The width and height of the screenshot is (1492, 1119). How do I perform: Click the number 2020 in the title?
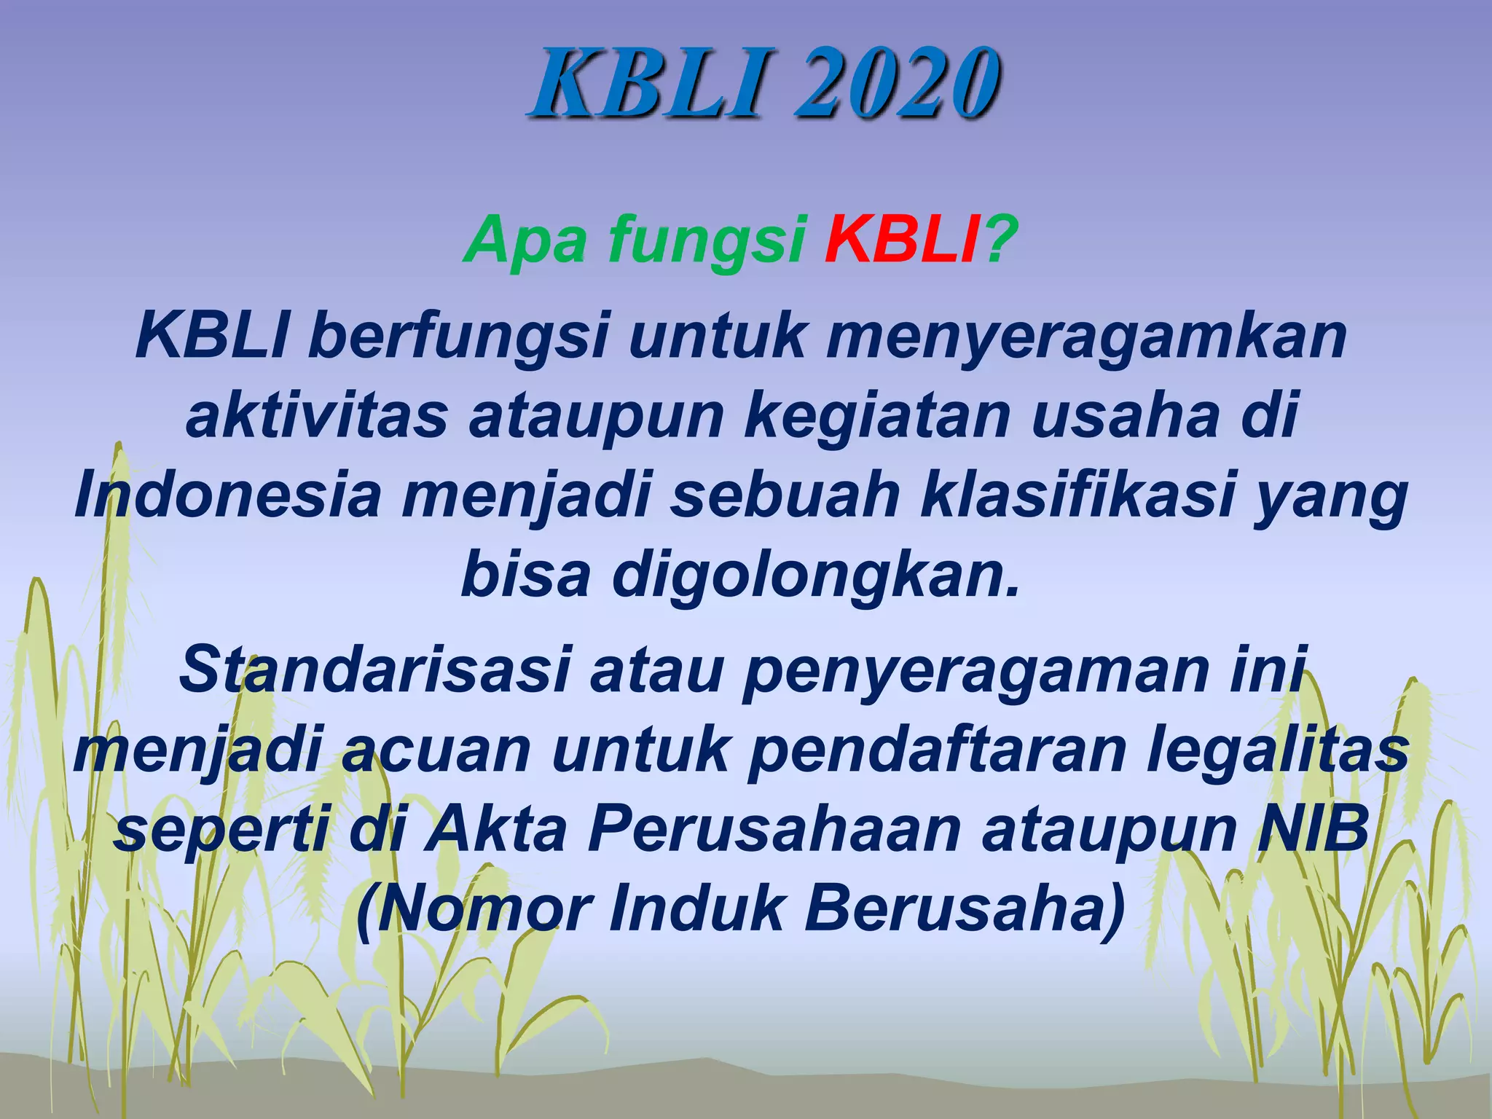click(895, 82)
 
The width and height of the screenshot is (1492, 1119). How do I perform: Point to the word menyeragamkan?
click(1085, 337)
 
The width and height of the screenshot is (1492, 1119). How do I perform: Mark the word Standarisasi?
click(374, 670)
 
